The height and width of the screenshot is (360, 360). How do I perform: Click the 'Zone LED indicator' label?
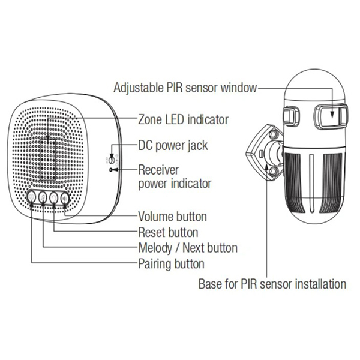point(183,120)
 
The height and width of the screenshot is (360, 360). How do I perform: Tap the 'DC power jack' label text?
point(173,146)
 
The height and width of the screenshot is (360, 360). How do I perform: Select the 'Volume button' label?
point(172,217)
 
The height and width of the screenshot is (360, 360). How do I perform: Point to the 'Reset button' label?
point(168,232)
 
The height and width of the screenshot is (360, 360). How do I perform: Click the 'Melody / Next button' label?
point(188,248)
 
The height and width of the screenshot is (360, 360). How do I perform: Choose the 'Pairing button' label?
point(171,264)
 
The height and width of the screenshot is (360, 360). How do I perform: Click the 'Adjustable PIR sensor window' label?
point(185,88)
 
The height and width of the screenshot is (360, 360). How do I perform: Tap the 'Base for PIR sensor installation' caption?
point(272,284)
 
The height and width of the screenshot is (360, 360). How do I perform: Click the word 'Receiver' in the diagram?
point(158,170)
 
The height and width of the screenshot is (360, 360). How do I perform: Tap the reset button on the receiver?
point(54,197)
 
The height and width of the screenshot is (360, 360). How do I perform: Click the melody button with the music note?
point(43,197)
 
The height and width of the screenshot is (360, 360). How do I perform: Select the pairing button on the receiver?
point(32,197)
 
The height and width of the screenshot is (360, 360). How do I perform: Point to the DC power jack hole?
point(112,159)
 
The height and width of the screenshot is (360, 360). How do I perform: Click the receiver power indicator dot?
point(111,170)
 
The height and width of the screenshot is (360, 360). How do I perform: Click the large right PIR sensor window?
point(330,116)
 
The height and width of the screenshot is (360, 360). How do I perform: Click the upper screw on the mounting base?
point(274,133)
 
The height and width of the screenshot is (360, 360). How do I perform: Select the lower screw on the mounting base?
point(274,171)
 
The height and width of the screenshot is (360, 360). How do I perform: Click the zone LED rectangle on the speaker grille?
point(48,160)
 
